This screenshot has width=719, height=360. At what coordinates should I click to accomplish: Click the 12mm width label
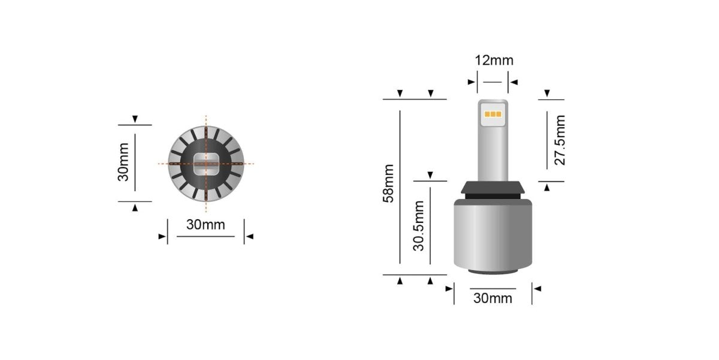coord(494,60)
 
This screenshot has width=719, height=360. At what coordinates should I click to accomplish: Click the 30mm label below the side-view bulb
coord(493,298)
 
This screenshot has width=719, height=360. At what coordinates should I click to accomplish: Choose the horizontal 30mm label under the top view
coord(206,225)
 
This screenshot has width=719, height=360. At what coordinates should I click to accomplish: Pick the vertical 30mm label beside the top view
coord(124,162)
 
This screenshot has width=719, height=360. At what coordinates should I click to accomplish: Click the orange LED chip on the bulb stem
coord(493,114)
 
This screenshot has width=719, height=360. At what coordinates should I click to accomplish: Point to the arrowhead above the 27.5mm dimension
coord(546,93)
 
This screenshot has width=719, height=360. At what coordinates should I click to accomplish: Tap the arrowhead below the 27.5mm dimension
coord(546,187)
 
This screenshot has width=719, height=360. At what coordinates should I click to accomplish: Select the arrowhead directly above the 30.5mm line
coord(430,175)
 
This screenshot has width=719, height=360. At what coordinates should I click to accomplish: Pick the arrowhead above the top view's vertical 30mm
coord(135,119)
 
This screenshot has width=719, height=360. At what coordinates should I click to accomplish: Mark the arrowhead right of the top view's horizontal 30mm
coord(250,237)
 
